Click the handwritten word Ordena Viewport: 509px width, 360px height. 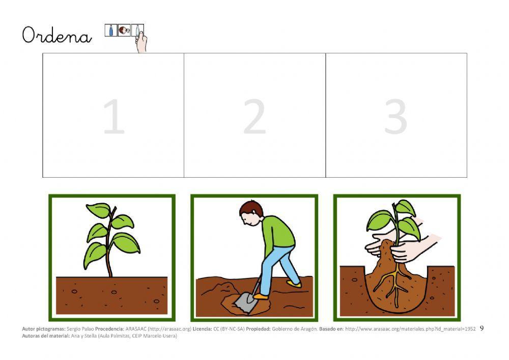56,36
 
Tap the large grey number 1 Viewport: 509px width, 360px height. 114,117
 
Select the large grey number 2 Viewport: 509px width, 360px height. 254,117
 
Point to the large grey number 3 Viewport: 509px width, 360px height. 395,117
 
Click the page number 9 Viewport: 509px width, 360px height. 482,328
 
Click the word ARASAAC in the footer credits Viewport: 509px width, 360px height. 135,329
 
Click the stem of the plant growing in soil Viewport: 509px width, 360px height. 109,255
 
